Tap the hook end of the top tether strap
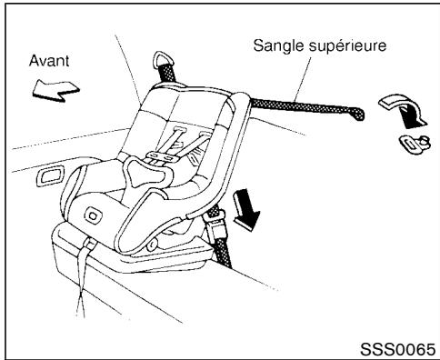click(360, 115)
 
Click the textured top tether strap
click(300, 107)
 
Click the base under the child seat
click(136, 264)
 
